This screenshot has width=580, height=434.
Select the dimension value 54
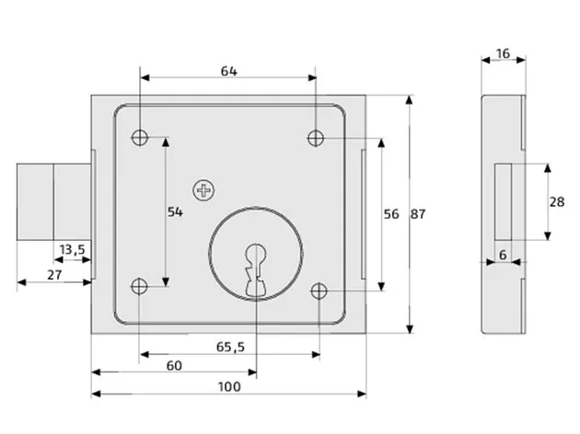click(x=175, y=212)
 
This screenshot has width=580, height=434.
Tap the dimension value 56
click(x=390, y=213)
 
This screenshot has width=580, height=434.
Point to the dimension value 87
click(x=418, y=213)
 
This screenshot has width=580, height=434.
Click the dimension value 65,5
click(x=229, y=347)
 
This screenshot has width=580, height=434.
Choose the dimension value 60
click(x=174, y=365)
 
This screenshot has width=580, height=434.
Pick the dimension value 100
click(x=229, y=386)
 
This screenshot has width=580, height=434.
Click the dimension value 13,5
click(x=73, y=249)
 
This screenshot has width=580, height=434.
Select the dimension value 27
click(x=53, y=274)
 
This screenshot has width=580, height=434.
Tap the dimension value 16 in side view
click(x=504, y=53)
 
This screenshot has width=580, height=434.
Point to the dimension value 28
click(x=556, y=201)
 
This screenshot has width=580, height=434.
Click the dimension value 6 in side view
click(x=503, y=253)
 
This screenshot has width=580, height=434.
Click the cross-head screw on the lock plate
click(x=203, y=190)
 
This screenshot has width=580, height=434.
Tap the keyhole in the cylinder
click(x=256, y=268)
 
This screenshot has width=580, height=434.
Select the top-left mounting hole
click(x=140, y=138)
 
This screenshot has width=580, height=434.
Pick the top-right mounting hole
click(x=316, y=138)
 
